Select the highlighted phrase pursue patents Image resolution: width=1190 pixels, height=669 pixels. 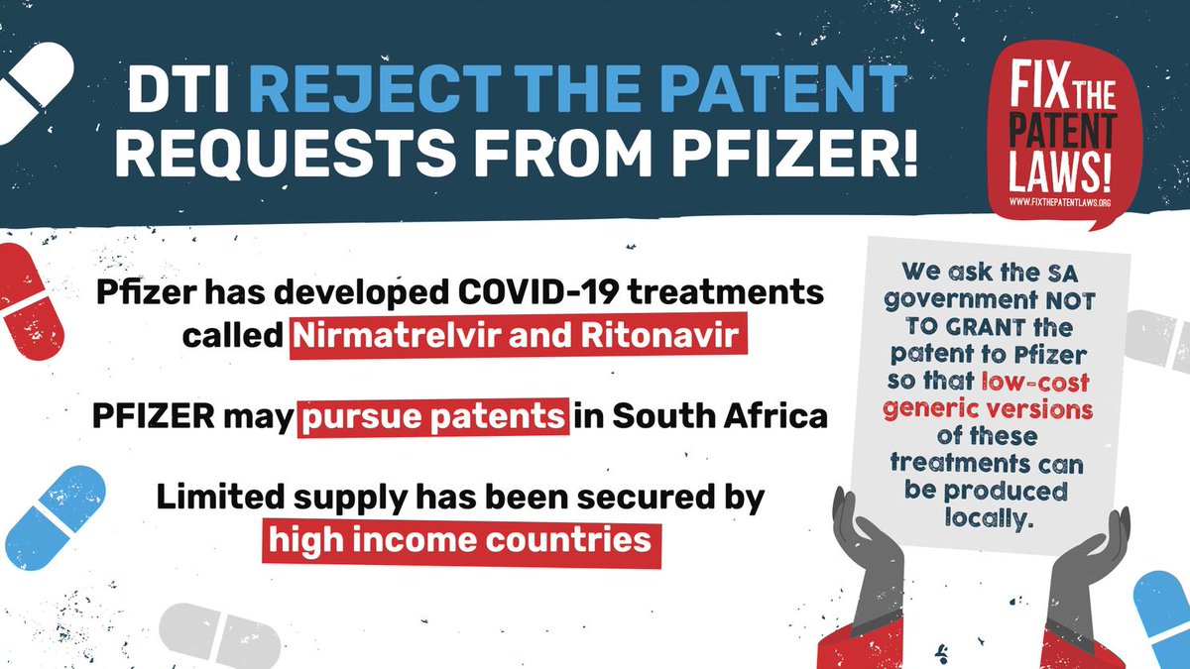[434, 416]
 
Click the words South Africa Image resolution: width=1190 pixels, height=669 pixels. [720, 416]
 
